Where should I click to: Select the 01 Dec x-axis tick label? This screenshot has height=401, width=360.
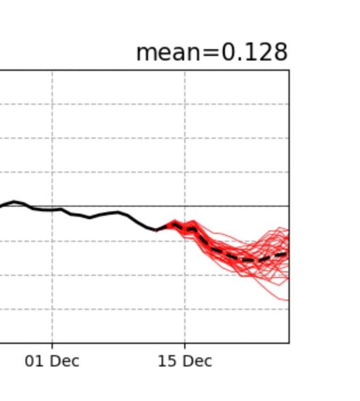(52, 361)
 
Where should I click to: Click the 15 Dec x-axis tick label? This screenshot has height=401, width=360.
(185, 361)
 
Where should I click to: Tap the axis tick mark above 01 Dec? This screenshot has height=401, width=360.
(52, 345)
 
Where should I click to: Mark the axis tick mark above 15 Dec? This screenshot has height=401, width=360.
(185, 345)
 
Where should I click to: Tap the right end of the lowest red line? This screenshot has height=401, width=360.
(288, 300)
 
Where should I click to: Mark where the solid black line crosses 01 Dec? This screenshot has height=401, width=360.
(52, 210)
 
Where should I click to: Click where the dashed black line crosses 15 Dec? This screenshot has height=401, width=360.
(185, 230)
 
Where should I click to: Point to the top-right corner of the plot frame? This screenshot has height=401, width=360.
(289, 70)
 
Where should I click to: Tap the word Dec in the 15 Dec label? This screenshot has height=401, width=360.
(198, 361)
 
